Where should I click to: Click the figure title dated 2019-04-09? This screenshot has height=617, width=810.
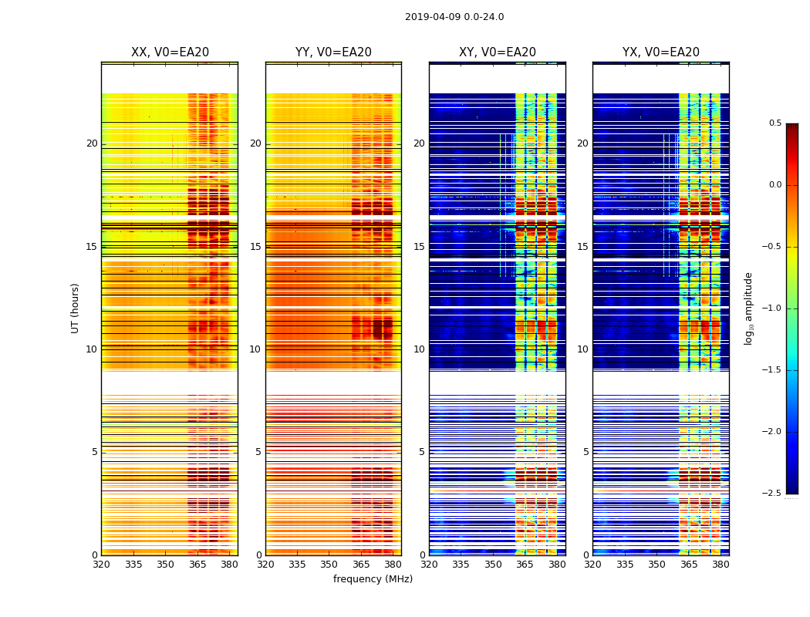pos(454,17)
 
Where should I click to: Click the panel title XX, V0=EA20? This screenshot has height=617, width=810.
pos(170,52)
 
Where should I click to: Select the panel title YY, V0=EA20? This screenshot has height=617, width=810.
pos(333,52)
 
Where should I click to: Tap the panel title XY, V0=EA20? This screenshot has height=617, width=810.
pos(498,52)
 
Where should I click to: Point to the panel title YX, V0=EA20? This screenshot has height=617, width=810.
pos(661,52)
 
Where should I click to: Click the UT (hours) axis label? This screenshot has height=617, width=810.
pos(76,308)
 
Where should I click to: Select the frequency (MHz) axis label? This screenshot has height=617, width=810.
pos(373,579)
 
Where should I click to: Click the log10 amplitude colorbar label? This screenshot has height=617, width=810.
pos(748,308)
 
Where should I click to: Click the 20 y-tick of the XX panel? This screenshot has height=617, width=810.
pos(92,143)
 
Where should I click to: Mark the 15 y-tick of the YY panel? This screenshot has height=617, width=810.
pos(255,247)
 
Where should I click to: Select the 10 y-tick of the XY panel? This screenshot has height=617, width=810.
pos(419,349)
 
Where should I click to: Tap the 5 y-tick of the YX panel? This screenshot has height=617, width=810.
pos(586,452)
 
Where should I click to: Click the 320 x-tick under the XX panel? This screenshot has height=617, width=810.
pos(101,565)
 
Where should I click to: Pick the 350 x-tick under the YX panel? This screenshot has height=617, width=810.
pos(656,565)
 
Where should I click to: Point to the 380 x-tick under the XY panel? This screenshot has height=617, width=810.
pos(557,565)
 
